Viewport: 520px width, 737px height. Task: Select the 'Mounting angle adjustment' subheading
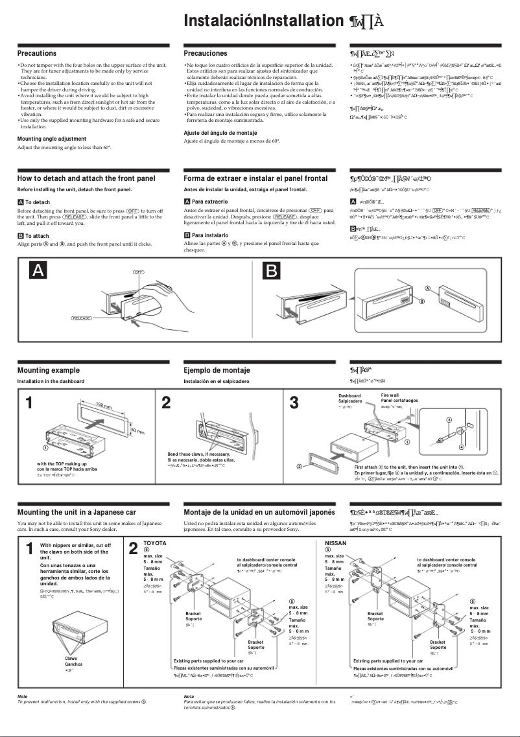coord(51,139)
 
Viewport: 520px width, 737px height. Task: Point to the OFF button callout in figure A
coord(138,270)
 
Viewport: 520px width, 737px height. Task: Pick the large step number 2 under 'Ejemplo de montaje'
coord(166,403)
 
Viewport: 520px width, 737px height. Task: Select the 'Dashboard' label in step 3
coord(349,395)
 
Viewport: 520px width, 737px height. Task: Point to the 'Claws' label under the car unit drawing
coord(71,658)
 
